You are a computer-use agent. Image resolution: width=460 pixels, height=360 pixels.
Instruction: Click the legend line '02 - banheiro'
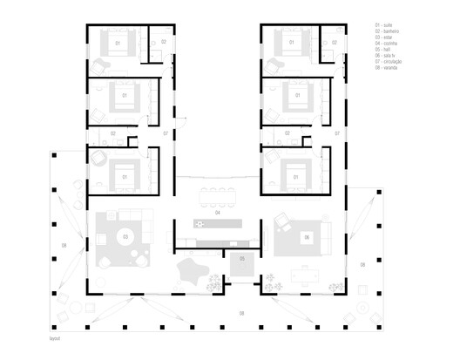click(385, 34)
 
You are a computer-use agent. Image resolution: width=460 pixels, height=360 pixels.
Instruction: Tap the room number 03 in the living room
click(125, 236)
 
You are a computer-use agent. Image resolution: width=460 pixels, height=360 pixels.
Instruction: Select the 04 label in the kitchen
click(218, 212)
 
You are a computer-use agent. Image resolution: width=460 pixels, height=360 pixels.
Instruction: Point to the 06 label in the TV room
click(307, 236)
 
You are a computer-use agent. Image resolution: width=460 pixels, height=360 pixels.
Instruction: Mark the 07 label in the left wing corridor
click(166, 133)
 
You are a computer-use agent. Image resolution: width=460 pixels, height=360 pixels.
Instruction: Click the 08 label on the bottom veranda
click(241, 311)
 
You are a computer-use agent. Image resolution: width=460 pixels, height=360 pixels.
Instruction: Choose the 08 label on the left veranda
click(63, 247)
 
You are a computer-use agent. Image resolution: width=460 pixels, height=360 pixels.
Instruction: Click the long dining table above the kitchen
click(218, 189)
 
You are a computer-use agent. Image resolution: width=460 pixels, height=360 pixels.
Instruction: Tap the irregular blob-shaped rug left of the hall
click(188, 268)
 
